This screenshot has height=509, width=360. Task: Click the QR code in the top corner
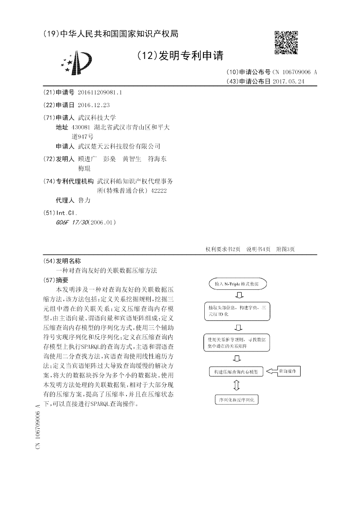[x=286, y=42]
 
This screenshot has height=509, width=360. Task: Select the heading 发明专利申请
[x=180, y=56]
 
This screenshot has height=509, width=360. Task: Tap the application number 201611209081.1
[x=99, y=92]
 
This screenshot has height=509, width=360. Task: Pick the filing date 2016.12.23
[x=93, y=105]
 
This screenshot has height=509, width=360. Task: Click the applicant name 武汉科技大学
[x=97, y=117]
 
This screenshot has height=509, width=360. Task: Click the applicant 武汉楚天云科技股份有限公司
[x=119, y=146]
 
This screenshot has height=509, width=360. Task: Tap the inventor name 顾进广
[x=87, y=159]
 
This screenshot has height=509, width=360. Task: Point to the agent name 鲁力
[x=84, y=200]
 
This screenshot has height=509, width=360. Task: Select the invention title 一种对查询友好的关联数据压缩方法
[x=107, y=270]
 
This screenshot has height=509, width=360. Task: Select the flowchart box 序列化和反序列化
[x=237, y=399]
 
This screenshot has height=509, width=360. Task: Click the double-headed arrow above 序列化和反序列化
[x=237, y=386]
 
